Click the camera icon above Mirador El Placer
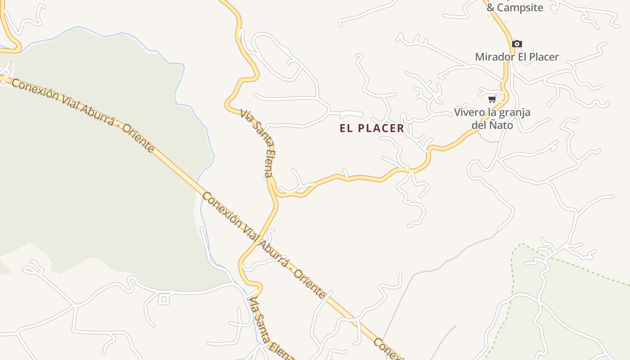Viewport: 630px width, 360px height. pos(517,44)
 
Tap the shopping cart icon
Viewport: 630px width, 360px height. pos(492,99)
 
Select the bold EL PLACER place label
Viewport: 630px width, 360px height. pos(372,128)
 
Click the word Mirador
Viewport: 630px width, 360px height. pos(494,57)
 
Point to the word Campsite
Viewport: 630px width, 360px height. pos(521,8)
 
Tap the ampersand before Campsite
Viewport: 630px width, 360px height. pos(491,8)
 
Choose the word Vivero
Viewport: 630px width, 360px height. pos(469,112)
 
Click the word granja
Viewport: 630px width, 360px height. pos(514,112)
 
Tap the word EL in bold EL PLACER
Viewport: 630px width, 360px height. pos(346,128)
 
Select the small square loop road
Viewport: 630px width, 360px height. pos(163,299)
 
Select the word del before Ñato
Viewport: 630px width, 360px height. pos(480,125)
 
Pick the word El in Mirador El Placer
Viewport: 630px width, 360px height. pos(522,57)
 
